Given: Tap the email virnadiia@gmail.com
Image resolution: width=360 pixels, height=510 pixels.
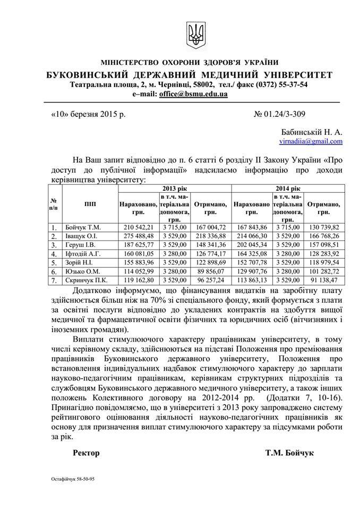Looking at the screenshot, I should click(311, 141).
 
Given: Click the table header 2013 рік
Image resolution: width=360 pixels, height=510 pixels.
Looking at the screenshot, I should click(173, 189).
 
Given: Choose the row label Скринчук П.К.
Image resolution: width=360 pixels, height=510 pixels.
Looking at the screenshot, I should click(88, 280).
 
